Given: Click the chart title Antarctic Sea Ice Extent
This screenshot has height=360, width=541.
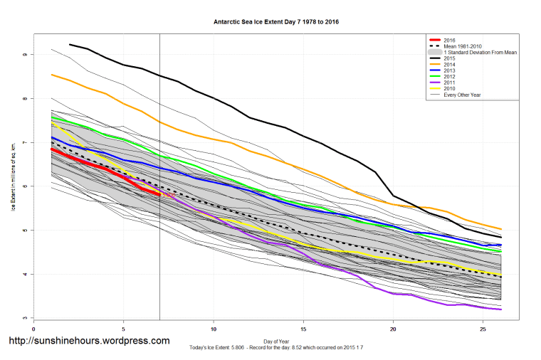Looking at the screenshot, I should [270, 21].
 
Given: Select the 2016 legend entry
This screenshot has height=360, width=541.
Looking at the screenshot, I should [449, 41].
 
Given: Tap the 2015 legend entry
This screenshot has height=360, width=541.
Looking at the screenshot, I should [449, 59].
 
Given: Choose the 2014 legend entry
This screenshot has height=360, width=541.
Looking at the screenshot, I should [449, 65].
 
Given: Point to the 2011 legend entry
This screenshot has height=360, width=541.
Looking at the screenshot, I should [449, 83].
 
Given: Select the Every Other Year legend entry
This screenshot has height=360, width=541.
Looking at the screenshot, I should [462, 95].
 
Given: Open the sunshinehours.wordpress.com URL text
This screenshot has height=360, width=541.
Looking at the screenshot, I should [89, 341].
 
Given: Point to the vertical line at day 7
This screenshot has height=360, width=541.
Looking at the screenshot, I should [159, 249].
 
